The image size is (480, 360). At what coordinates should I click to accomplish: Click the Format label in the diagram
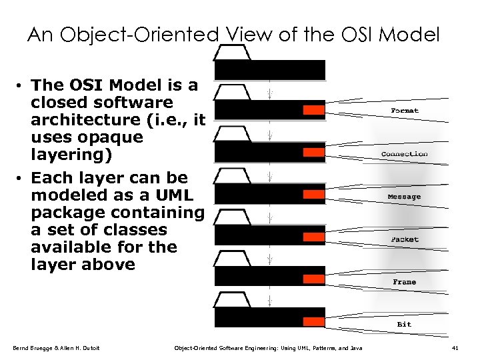click(x=405, y=110)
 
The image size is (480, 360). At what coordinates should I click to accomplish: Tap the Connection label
click(x=404, y=154)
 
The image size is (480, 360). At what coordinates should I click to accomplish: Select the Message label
click(x=404, y=197)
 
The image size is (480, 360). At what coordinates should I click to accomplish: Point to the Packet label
click(x=405, y=239)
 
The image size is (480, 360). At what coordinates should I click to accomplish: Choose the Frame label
click(x=404, y=282)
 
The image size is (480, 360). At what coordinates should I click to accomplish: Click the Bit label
click(x=404, y=325)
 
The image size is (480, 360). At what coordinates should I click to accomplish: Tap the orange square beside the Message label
click(x=313, y=194)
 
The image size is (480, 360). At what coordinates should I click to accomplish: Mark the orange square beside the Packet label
click(x=313, y=236)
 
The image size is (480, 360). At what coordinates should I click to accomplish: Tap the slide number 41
click(x=455, y=348)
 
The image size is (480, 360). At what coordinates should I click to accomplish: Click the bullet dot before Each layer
click(x=22, y=179)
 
